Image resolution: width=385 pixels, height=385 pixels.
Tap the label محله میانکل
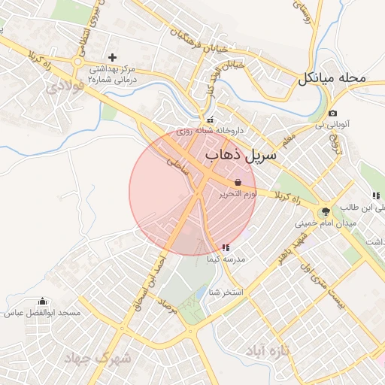pyautogui.click(x=331, y=77)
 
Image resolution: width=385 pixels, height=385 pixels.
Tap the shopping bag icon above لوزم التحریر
pyautogui.click(x=238, y=183)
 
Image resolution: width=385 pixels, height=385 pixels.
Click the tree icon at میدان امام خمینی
pyautogui.click(x=325, y=212)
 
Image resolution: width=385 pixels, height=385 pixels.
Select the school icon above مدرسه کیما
pyautogui.click(x=226, y=247)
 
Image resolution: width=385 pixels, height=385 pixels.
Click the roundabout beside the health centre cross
pyautogui.click(x=78, y=61)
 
